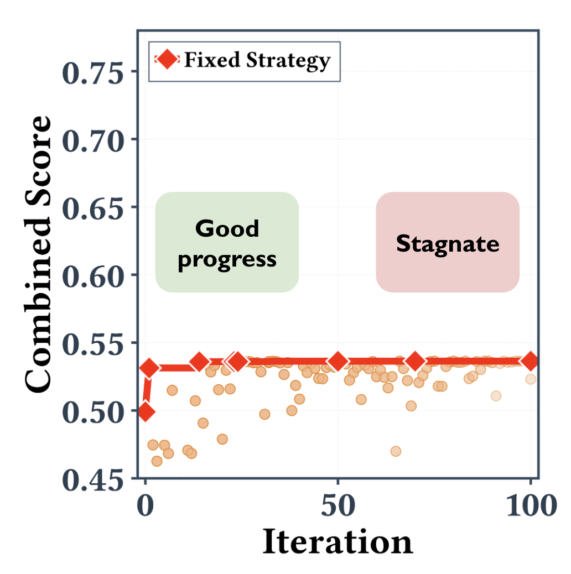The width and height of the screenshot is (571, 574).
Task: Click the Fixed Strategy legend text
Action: click(257, 60)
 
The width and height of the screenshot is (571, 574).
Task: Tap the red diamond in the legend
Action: click(167, 60)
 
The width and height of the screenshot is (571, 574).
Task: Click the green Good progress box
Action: click(227, 242)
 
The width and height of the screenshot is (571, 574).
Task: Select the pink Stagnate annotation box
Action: click(448, 242)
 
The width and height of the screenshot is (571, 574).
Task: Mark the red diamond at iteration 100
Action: click(531, 361)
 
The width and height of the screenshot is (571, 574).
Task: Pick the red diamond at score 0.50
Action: click(146, 411)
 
